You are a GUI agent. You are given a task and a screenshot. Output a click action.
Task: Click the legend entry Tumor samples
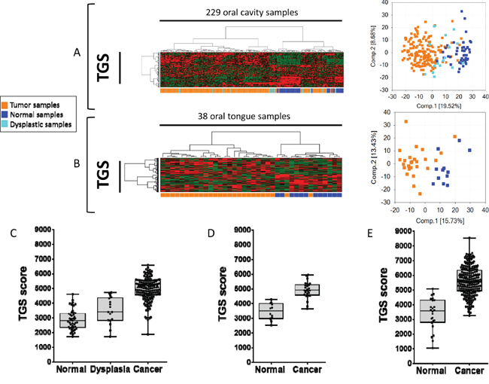point(35,105)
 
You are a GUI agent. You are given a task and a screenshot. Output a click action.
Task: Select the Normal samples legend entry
point(36,114)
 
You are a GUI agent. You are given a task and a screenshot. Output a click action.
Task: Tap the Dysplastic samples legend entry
point(39,124)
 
